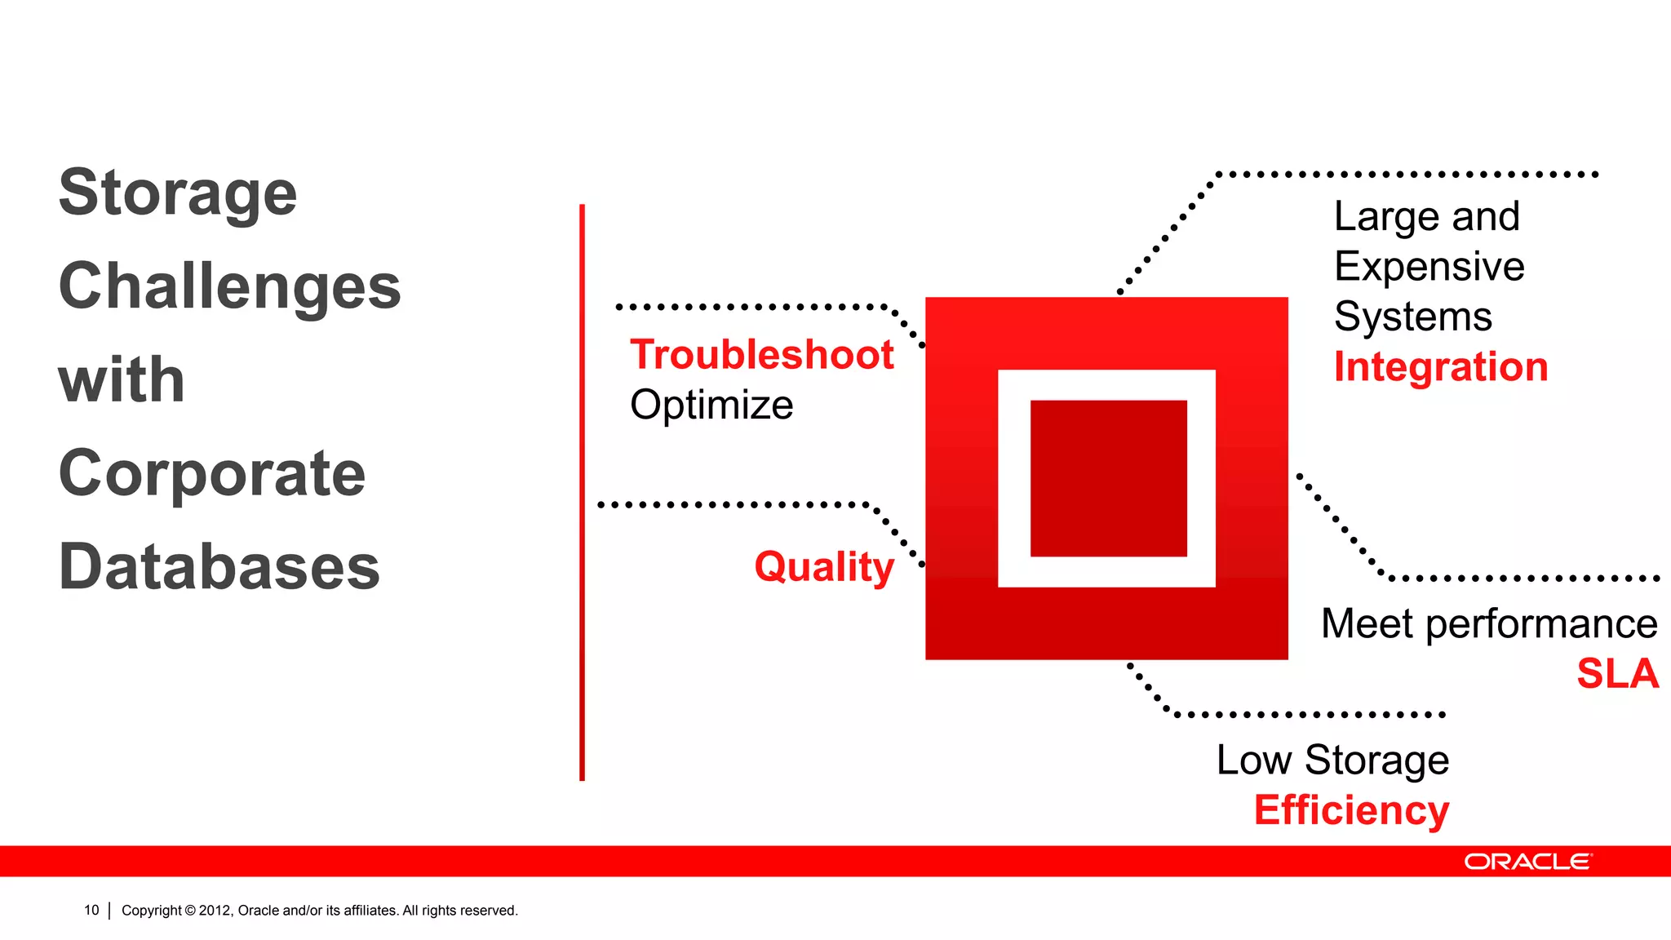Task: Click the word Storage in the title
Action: tap(178, 193)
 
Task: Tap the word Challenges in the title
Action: tap(229, 287)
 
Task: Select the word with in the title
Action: tap(122, 380)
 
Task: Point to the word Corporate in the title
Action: tap(212, 474)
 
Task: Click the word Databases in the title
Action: tap(219, 567)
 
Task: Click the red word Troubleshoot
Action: tap(761, 355)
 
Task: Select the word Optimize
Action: tap(711, 406)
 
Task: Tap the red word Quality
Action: tap(823, 566)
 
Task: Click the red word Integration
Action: tap(1440, 367)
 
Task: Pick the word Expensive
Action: tap(1429, 267)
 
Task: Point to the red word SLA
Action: tap(1616, 674)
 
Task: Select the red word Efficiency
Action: tap(1351, 810)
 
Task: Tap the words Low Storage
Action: tap(1332, 760)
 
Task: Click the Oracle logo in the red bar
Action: tap(1527, 862)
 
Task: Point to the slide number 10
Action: tap(91, 911)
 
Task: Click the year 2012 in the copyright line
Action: tap(215, 911)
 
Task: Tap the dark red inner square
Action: tap(1108, 478)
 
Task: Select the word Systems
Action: tap(1412, 317)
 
